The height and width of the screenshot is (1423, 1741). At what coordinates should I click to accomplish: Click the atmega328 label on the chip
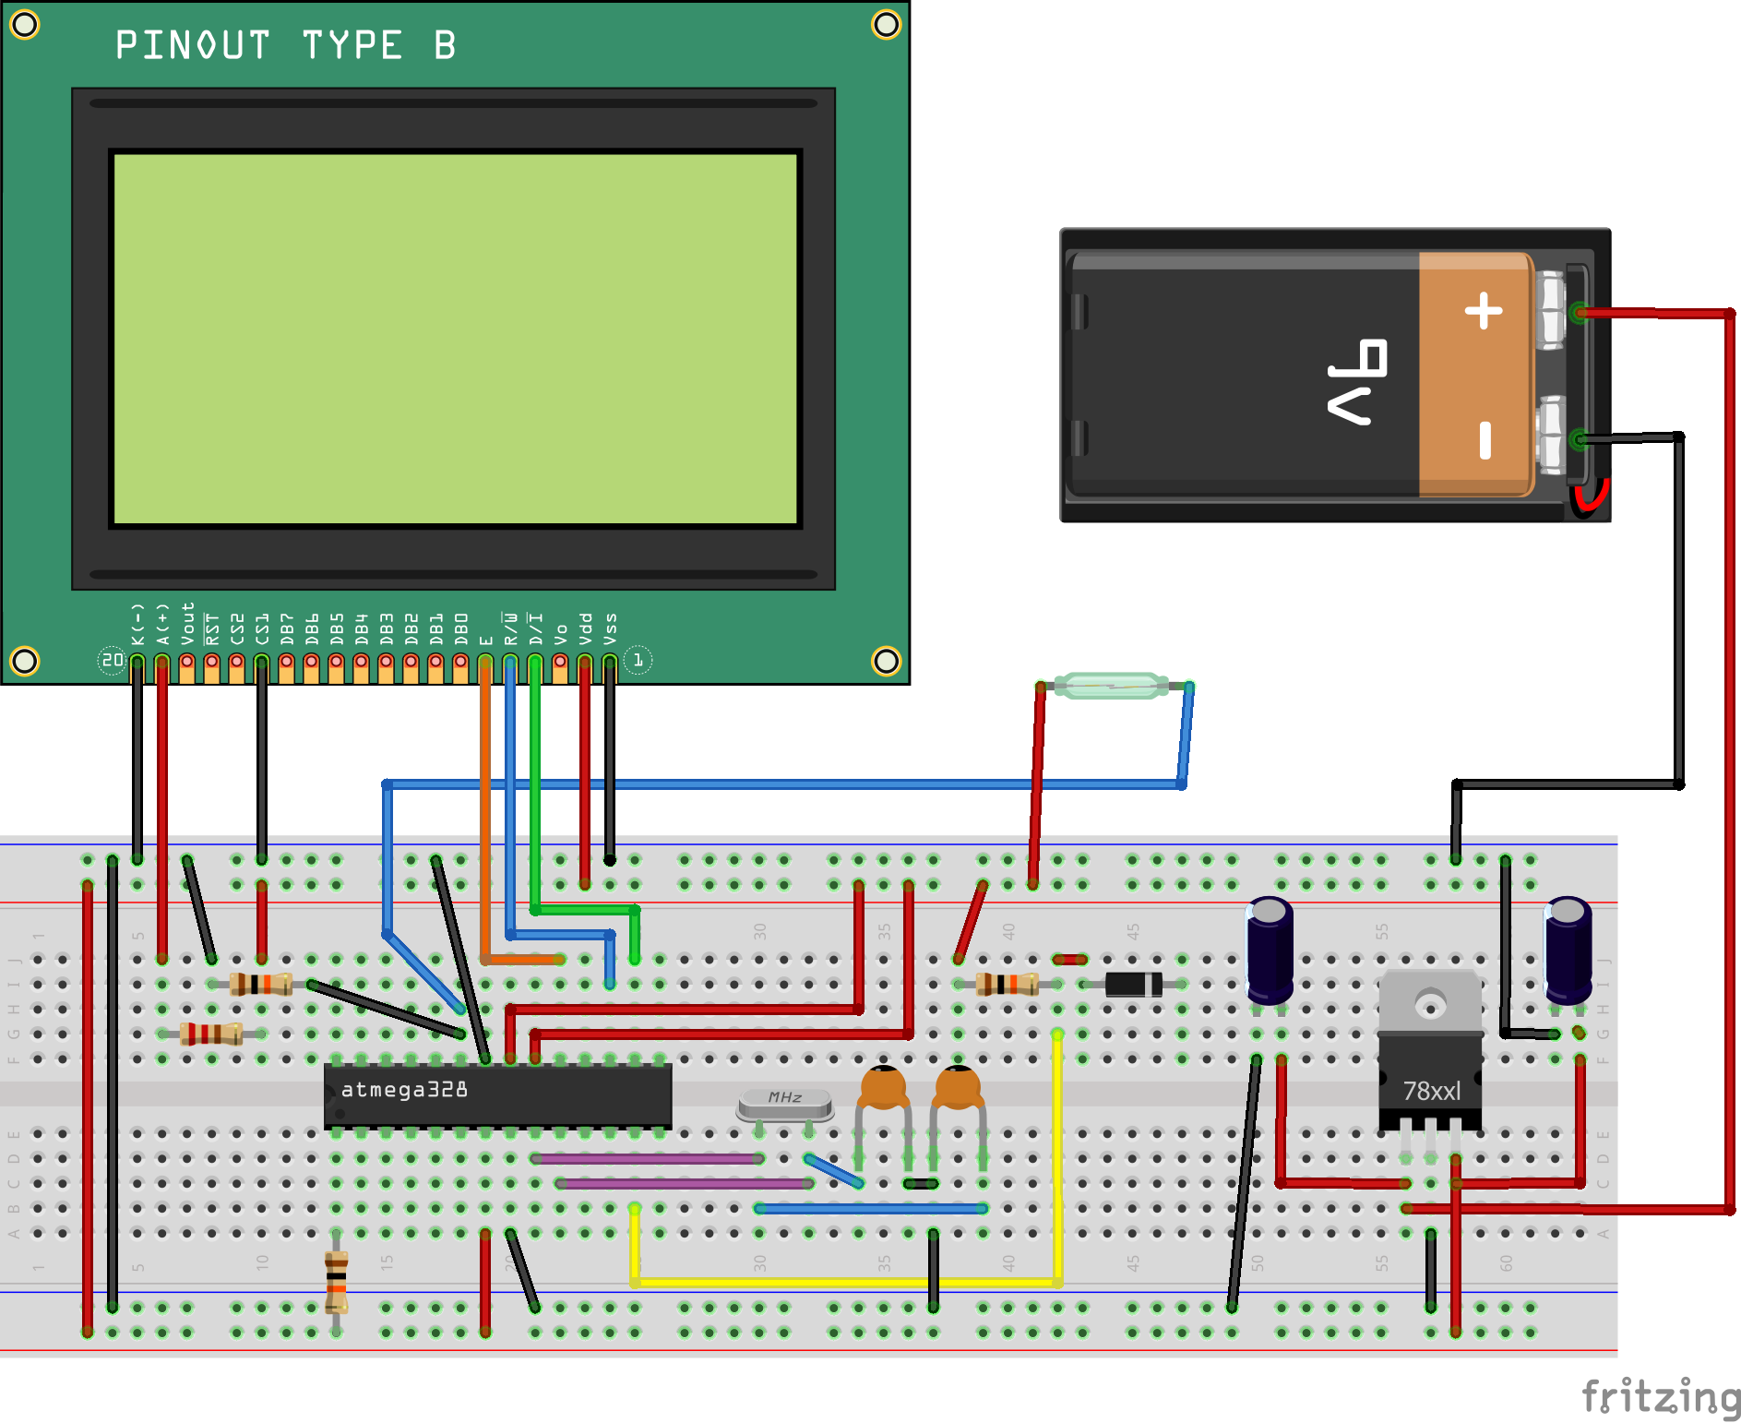[x=404, y=1090]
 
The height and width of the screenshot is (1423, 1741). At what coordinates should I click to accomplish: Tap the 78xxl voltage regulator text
[x=1431, y=1092]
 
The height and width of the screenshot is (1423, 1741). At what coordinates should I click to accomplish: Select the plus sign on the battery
[x=1484, y=310]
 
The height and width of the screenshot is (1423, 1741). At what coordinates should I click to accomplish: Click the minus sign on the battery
[x=1485, y=440]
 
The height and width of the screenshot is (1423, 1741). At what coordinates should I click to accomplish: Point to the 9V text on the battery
[x=1356, y=382]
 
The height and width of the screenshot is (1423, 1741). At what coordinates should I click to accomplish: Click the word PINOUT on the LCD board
[x=193, y=45]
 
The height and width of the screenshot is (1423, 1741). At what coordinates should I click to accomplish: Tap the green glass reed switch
[x=1112, y=686]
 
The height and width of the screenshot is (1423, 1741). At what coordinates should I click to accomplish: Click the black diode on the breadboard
[x=1133, y=985]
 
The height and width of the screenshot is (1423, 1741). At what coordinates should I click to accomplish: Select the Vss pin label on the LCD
[x=610, y=628]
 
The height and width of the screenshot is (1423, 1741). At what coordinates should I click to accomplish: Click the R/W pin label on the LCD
[x=510, y=628]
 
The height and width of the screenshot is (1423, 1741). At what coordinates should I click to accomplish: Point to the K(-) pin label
[x=137, y=625]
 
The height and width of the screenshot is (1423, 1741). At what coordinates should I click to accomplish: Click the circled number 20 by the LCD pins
[x=112, y=660]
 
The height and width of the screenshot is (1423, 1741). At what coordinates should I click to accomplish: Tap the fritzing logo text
[x=1660, y=1396]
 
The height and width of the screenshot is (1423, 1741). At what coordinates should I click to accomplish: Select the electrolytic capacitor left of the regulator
[x=1270, y=951]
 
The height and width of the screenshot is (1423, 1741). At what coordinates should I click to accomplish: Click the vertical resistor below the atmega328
[x=337, y=1281]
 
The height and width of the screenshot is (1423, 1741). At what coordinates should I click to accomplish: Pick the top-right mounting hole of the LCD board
[x=886, y=25]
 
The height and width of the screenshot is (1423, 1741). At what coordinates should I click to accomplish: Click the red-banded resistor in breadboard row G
[x=211, y=1034]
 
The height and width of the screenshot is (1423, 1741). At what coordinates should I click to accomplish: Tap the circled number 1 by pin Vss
[x=638, y=660]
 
